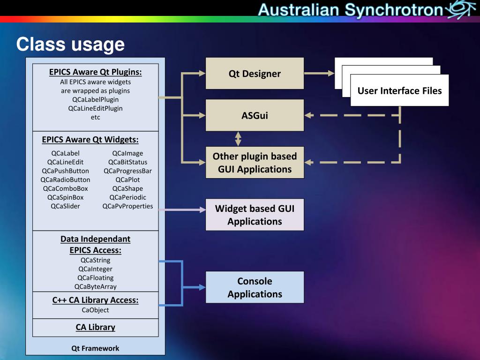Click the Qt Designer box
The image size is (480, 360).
point(255,74)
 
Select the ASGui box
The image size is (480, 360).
point(255,115)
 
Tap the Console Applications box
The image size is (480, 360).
point(255,287)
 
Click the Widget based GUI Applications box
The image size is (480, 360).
point(255,215)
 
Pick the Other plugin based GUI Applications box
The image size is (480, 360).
point(255,163)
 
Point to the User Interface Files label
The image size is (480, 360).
point(399,90)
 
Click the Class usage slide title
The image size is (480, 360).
point(70,45)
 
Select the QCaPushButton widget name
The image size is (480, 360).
point(65,171)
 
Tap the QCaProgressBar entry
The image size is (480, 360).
point(127,171)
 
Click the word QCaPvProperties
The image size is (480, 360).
point(127,206)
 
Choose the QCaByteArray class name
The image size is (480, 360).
point(95,286)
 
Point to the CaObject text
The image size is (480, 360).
point(95,310)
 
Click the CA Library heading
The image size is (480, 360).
point(95,327)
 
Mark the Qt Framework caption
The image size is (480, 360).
point(95,348)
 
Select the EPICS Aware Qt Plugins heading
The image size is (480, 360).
point(95,72)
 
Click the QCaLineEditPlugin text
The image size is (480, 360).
point(95,108)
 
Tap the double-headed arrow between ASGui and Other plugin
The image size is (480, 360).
point(238,139)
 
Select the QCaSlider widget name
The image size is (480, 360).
point(65,206)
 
